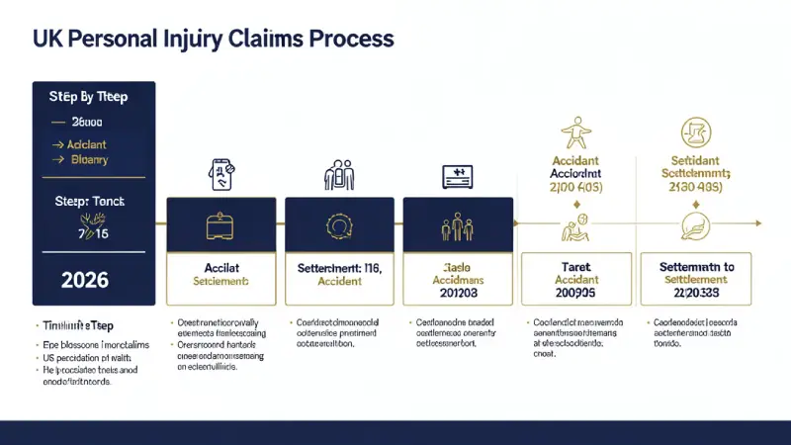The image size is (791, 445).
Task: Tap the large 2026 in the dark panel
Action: click(85, 280)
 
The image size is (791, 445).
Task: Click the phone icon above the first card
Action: click(220, 175)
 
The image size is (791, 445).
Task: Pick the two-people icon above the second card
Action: click(339, 176)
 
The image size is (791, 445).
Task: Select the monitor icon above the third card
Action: click(458, 176)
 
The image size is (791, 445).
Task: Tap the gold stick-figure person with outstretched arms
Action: click(575, 133)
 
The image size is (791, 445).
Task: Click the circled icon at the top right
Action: click(696, 133)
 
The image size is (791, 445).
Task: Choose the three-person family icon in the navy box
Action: click(458, 226)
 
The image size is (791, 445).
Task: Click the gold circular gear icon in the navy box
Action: click(339, 225)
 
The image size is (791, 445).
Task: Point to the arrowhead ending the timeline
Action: click(757, 222)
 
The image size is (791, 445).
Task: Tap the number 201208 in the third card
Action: click(458, 294)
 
